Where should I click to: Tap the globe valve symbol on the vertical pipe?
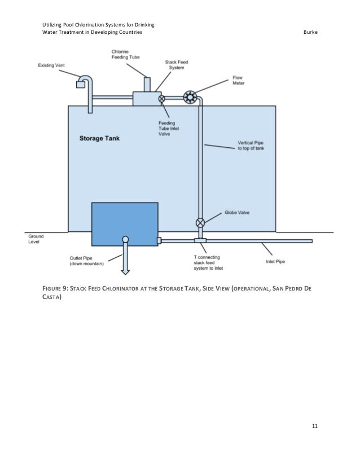[200, 222]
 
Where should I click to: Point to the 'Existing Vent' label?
[51, 65]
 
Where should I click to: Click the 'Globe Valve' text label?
[236, 213]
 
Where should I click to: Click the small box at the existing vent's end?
[80, 85]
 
